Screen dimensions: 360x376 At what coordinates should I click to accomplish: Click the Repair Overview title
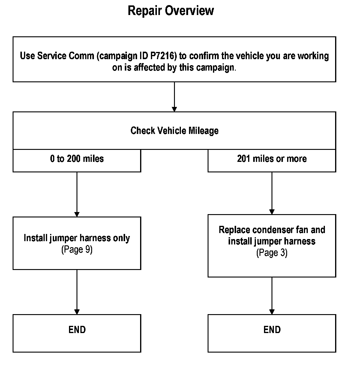(171, 11)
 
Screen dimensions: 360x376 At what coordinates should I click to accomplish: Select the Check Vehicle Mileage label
(175, 131)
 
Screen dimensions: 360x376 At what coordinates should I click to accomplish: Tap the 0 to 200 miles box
(77, 161)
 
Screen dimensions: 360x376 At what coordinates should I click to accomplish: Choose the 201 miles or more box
(272, 161)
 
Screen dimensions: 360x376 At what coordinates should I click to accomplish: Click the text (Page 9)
(77, 250)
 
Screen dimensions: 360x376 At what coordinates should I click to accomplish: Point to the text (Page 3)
(272, 253)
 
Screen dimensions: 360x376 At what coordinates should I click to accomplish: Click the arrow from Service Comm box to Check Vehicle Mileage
(174, 97)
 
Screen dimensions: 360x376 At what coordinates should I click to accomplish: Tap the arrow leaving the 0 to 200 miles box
(77, 194)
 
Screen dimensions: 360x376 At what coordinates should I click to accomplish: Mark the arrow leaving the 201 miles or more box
(272, 193)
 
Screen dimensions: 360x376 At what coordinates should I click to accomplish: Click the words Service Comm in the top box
(65, 56)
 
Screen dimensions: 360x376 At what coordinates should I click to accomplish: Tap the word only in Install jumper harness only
(121, 238)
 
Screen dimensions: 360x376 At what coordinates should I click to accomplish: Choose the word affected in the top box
(149, 68)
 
